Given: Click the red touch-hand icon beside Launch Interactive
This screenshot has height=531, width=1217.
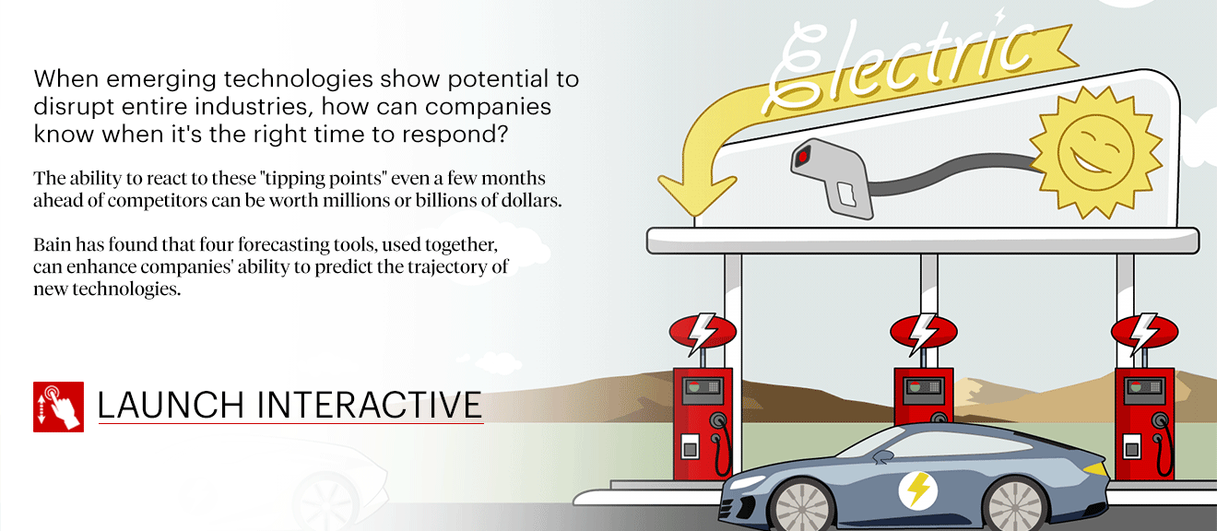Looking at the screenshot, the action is point(58,407).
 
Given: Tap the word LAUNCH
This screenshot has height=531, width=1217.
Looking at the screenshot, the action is point(171,405).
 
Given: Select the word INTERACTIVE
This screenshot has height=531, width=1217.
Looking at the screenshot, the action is point(369,405).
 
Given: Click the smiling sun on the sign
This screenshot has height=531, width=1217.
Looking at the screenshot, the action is point(1095,151).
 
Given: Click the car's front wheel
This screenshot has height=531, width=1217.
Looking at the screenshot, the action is point(1015,505).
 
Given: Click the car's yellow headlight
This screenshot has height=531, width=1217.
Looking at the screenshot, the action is point(1095,468).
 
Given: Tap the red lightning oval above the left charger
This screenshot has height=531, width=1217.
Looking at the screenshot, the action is point(703,332).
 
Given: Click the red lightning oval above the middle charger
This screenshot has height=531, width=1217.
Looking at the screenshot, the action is point(924,332).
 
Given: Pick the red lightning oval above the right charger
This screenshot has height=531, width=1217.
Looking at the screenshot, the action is point(1145,332).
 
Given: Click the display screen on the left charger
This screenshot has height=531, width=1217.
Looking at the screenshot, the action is point(702,388).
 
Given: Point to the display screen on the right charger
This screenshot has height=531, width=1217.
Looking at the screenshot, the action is point(1143,388).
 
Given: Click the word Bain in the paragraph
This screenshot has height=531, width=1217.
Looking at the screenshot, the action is point(53,244).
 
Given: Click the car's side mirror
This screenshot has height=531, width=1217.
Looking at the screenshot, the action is point(882,456).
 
